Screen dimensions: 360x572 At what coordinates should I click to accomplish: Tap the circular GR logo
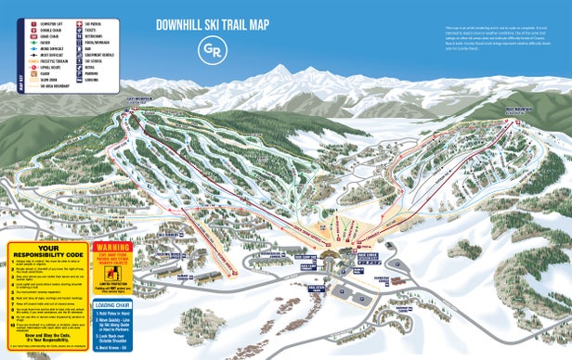tap(214, 49)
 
